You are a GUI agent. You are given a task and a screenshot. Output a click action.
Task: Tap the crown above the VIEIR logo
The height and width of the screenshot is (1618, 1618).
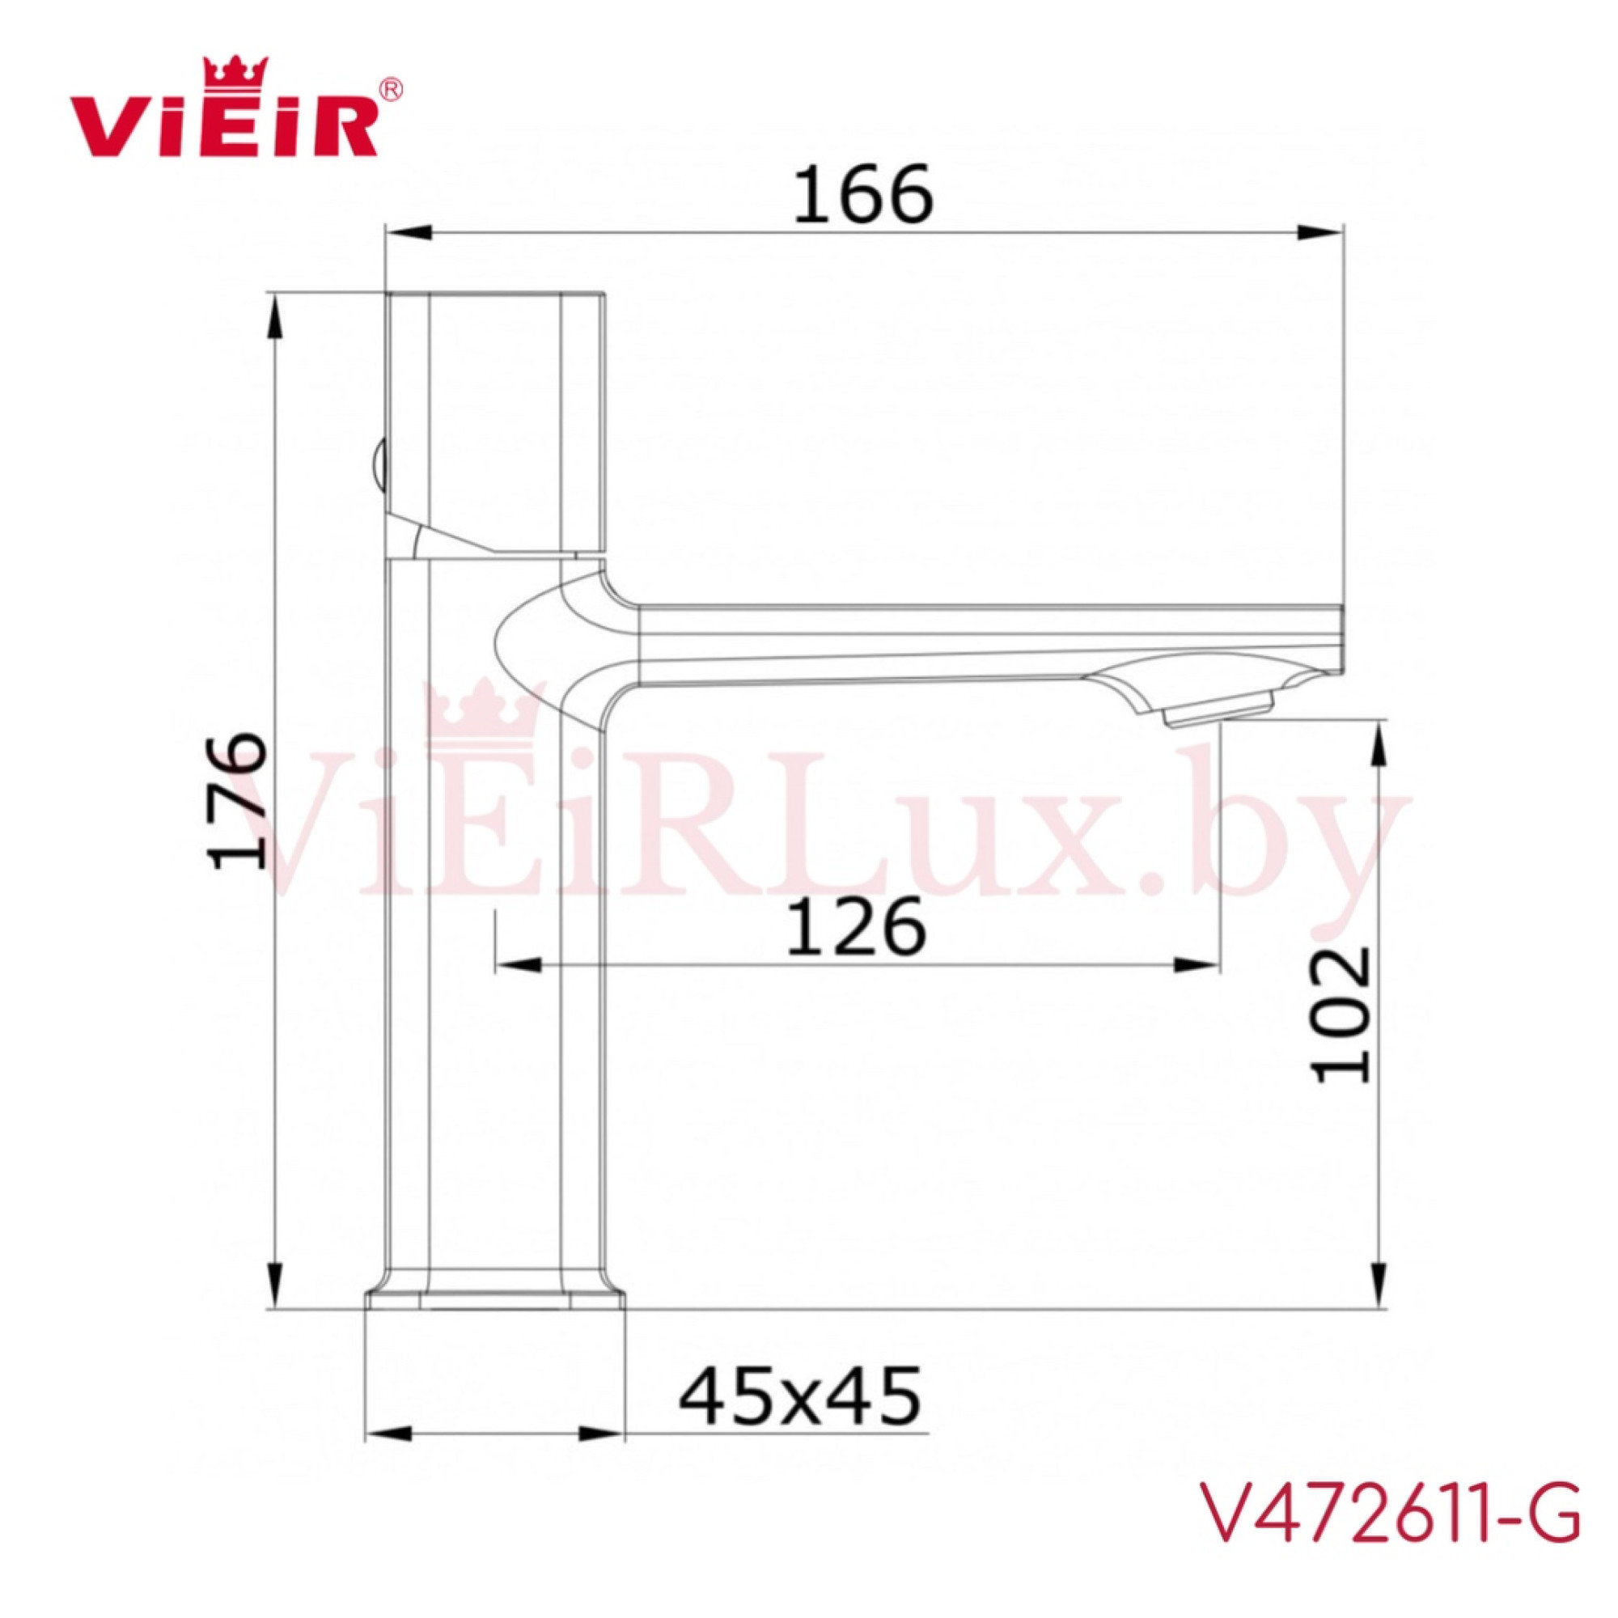click(x=237, y=71)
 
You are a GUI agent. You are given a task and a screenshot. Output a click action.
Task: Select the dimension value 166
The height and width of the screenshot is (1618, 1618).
click(x=862, y=195)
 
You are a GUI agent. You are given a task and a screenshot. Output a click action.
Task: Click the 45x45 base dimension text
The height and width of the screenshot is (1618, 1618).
click(x=799, y=1396)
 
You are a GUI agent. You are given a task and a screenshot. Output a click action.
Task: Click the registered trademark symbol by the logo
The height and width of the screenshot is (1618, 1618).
click(x=391, y=89)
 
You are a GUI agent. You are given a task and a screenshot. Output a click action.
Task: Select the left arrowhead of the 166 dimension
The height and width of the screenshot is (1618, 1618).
click(x=407, y=232)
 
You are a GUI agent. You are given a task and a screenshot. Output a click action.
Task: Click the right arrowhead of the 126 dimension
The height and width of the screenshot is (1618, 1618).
click(x=1197, y=966)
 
